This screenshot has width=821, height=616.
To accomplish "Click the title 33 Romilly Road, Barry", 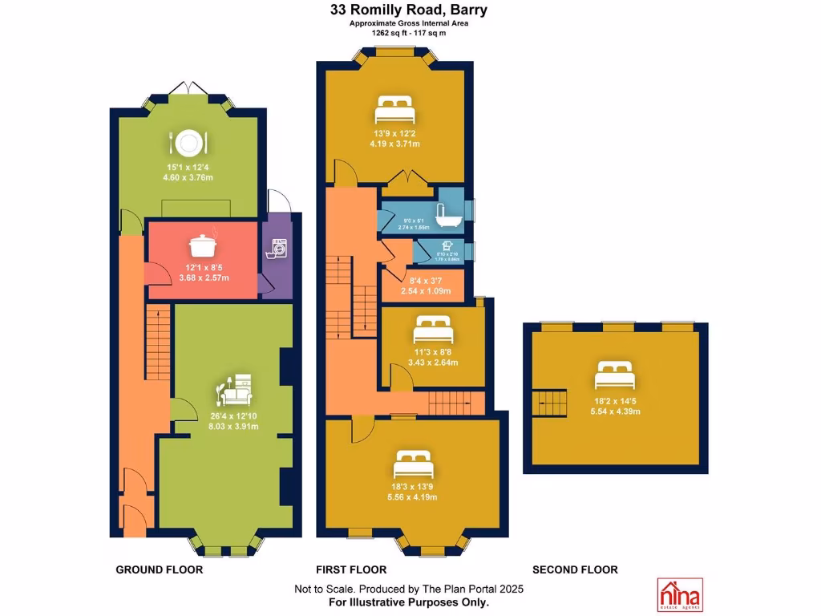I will (410, 10).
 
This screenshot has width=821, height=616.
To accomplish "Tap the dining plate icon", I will (188, 143).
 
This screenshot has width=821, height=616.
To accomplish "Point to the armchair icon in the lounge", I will (237, 390).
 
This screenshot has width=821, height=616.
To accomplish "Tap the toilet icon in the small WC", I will (446, 247).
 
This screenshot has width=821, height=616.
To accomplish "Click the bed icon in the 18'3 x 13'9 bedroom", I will (413, 464).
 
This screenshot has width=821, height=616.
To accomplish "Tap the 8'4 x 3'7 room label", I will (422, 281).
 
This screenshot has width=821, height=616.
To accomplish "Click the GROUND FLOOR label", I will (160, 569).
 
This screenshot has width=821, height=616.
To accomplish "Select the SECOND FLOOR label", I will (575, 569).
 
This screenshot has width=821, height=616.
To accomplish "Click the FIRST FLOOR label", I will (351, 569).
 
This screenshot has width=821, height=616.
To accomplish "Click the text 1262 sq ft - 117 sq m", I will (409, 34).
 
